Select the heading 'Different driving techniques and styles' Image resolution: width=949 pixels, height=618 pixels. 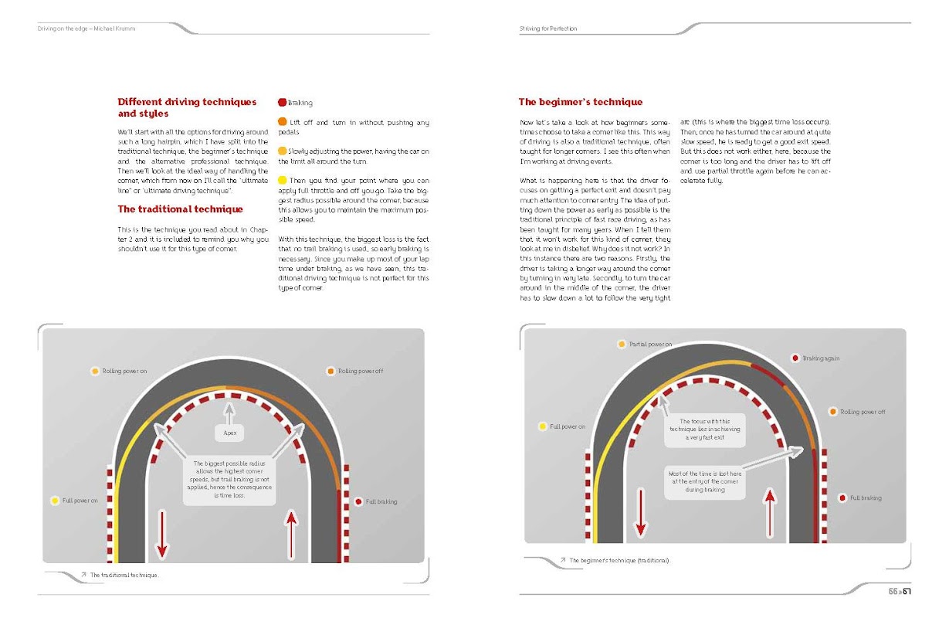coord(187,107)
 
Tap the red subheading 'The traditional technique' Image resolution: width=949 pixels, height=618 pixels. coord(180,209)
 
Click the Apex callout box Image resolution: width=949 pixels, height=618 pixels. coord(229,433)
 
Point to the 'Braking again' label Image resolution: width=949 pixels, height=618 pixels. coord(821,358)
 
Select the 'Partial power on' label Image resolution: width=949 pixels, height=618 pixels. coord(650,344)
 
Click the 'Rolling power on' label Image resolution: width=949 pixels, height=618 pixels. coord(124,372)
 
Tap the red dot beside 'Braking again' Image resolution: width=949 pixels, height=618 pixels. coord(795,358)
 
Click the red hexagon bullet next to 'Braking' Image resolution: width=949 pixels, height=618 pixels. coord(282,103)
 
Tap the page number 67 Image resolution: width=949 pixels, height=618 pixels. coord(908,593)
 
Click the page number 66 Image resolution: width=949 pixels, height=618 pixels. coord(893,593)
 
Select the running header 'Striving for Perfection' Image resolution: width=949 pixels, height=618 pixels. coord(548,29)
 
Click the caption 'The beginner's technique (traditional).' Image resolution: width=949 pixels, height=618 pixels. coord(620,560)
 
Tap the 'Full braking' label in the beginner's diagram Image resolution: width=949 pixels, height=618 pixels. coord(866,498)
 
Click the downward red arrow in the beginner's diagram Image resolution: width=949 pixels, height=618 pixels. coord(639,511)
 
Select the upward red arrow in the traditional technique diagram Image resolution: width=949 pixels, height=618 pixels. coord(291,533)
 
